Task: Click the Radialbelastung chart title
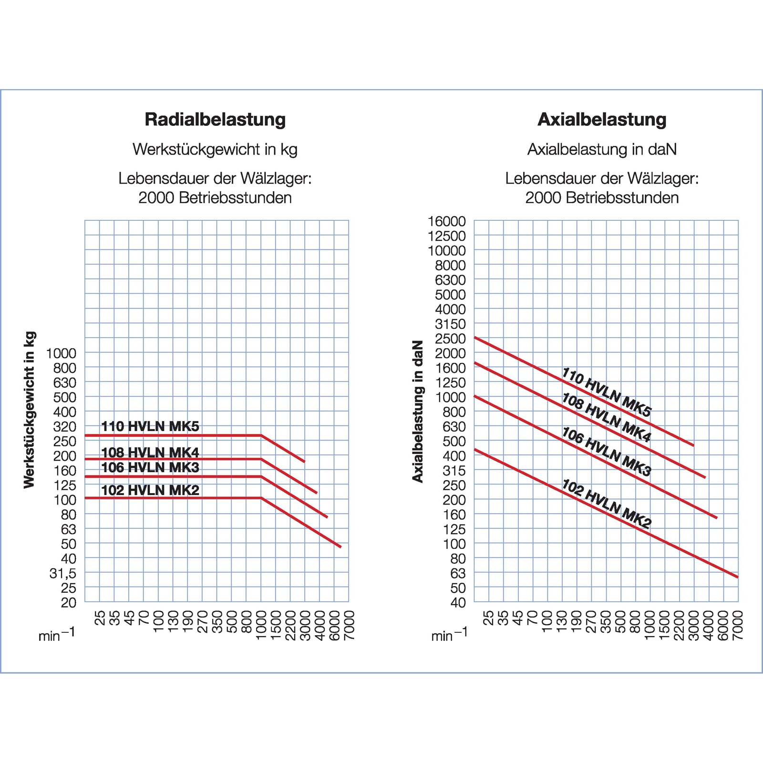pos(215,119)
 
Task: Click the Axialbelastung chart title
pos(602,119)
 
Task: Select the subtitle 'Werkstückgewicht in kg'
pos(215,149)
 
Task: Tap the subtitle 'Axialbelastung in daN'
pos(602,149)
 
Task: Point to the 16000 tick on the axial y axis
pos(447,221)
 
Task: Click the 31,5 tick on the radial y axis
pos(63,573)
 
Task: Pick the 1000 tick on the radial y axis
pos(61,353)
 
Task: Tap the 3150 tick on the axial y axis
pos(450,324)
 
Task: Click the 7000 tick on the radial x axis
pos(350,625)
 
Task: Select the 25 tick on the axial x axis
pos(489,618)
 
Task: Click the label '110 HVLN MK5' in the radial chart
pos(150,426)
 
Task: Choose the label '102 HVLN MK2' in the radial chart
pos(150,490)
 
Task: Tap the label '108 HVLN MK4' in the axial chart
pos(606,418)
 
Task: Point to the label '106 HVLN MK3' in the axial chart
pos(606,451)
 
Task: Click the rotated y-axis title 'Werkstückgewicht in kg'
pos(30,410)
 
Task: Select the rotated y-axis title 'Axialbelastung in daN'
pos(418,411)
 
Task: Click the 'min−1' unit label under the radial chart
pos(57,635)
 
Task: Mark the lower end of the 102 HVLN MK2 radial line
pos(340,546)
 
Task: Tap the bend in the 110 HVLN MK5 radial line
pos(261,435)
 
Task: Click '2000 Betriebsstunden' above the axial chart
pos(602,197)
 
